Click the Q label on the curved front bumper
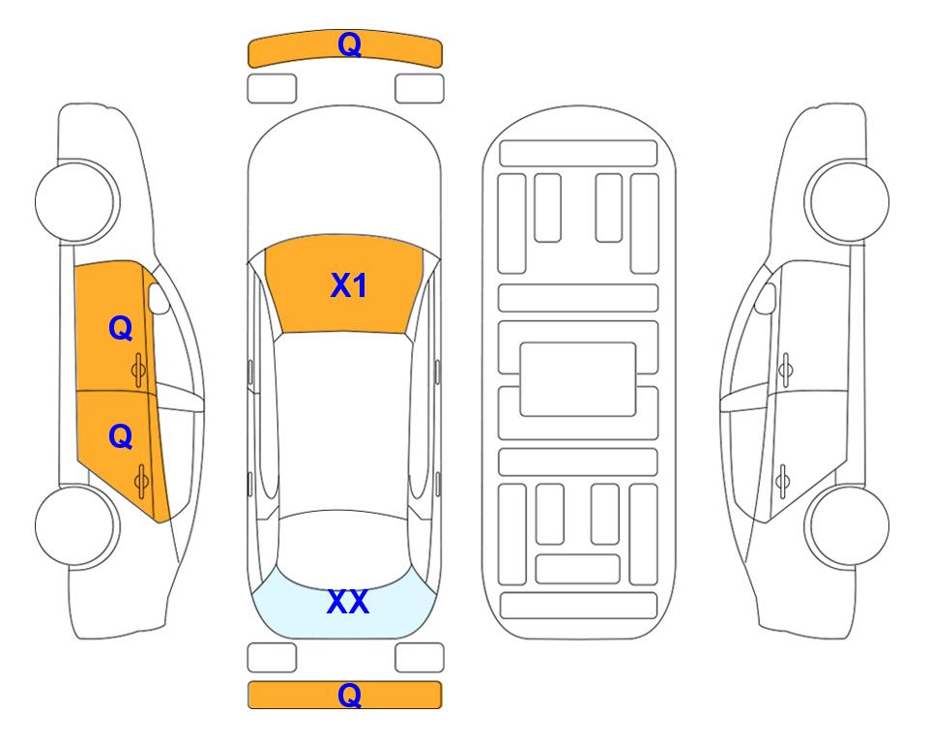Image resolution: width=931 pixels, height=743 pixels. coord(349,44)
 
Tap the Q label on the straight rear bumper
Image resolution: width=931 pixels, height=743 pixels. coord(349,695)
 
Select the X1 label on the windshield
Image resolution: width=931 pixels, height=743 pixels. coord(349,285)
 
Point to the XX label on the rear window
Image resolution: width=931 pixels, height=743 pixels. coord(348,602)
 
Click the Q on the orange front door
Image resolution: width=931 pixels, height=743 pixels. coord(121,328)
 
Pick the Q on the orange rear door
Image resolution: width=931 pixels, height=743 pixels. coord(121,437)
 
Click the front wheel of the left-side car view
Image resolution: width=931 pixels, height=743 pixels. coord(76,201)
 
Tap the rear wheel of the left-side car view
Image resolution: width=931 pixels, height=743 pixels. coord(76,525)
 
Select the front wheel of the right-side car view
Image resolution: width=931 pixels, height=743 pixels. coord(847,201)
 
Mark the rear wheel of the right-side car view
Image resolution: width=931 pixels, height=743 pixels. coord(847,525)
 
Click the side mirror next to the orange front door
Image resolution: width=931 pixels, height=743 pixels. coord(159,298)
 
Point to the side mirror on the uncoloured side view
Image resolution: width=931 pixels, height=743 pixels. coord(765,298)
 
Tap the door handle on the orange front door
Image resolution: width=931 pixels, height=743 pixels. coord(138,371)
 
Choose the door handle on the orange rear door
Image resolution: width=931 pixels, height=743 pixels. coord(141,481)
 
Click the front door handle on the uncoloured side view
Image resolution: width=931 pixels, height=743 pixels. coord(785,371)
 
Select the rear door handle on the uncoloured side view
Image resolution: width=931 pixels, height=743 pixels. coord(782,481)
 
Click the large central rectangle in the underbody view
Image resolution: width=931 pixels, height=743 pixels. coord(578,379)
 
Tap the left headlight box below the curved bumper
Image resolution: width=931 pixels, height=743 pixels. coord(272,89)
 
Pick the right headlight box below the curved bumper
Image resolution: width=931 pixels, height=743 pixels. coord(420,89)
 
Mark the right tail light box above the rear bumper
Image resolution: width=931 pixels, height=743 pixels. coord(420,658)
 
